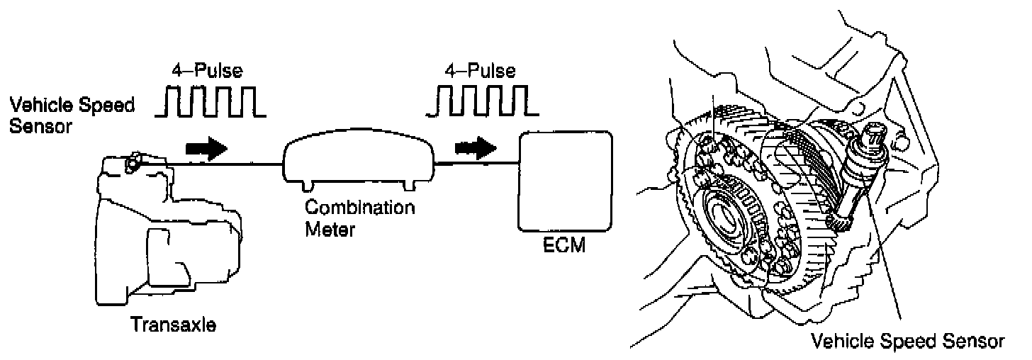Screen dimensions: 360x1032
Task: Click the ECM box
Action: click(x=566, y=181)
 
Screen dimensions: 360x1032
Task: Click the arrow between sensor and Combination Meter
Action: click(x=206, y=149)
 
